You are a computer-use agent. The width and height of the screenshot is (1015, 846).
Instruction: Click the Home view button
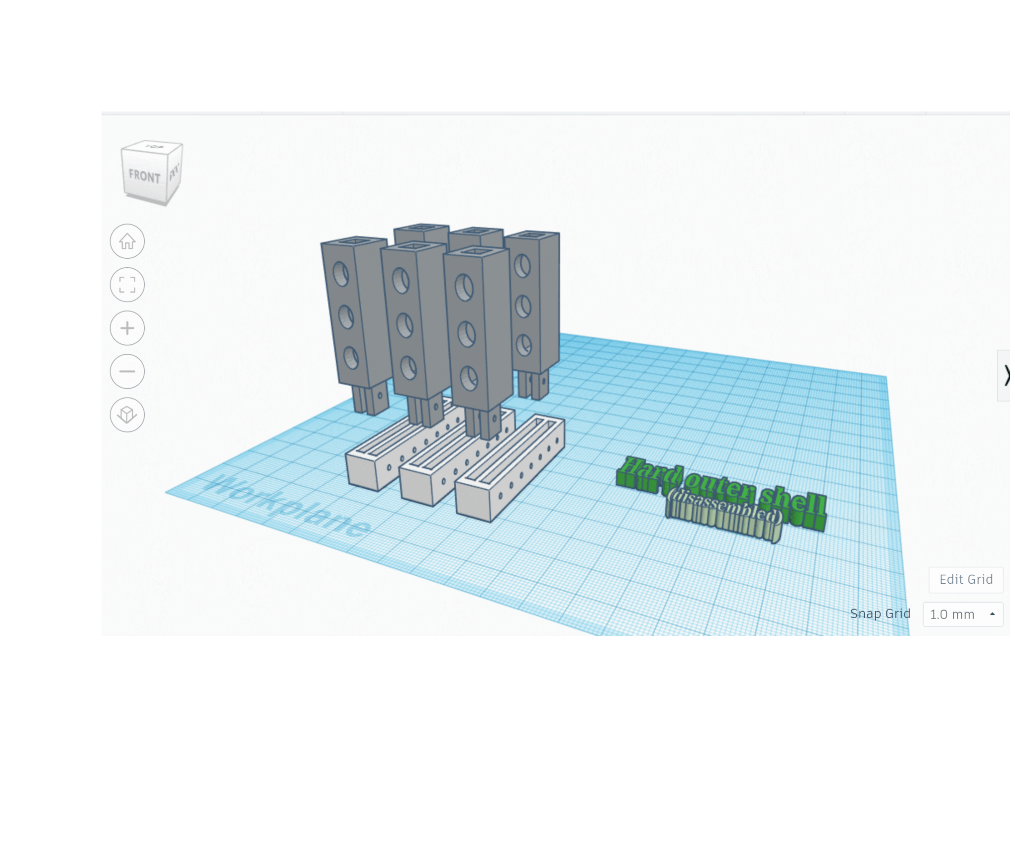tap(127, 241)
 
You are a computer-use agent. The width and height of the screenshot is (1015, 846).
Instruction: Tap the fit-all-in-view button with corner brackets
tap(127, 285)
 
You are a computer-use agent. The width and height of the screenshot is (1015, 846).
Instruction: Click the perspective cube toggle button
tap(127, 415)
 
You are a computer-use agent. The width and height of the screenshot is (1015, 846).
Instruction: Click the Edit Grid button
tap(966, 579)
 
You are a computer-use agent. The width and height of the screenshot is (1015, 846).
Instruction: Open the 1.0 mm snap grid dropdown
tap(963, 614)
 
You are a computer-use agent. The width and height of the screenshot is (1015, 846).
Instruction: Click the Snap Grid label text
tap(880, 614)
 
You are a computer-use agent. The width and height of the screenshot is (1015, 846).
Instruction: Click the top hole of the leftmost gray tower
tap(341, 274)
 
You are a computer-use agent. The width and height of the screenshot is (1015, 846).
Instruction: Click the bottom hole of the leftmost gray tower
tap(351, 358)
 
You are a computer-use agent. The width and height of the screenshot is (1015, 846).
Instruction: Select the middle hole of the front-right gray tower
tap(466, 334)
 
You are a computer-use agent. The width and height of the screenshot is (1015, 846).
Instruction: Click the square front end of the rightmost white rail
tap(473, 500)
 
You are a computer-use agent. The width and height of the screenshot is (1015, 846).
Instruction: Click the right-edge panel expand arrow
tap(1006, 375)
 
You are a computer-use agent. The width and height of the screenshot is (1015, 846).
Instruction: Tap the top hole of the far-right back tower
tap(522, 266)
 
